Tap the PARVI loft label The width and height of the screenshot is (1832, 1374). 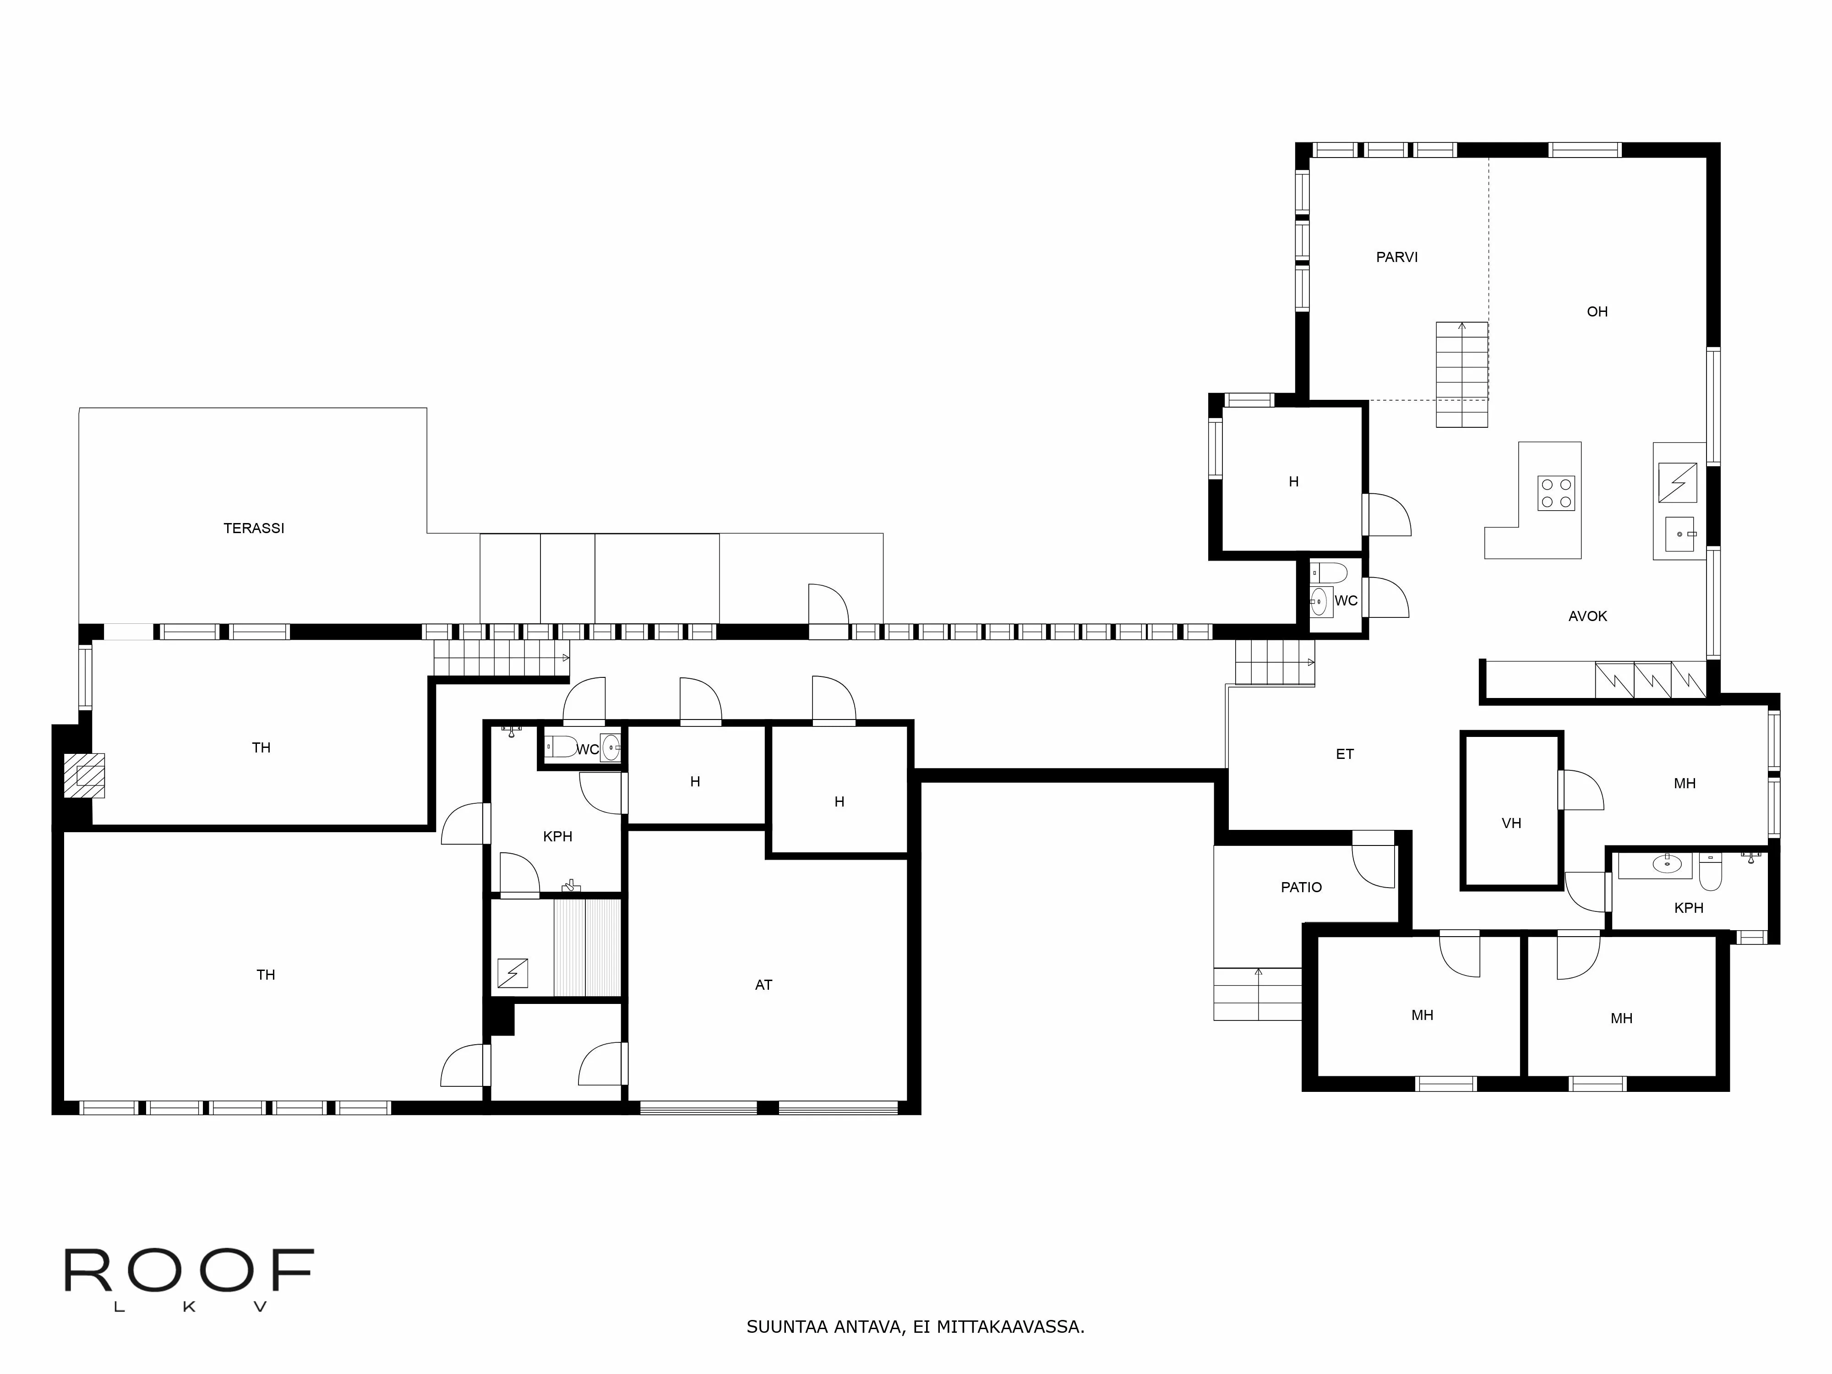point(1396,257)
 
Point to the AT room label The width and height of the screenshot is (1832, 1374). point(763,985)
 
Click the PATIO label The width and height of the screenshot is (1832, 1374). point(1301,887)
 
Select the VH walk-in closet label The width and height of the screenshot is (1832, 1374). point(1510,823)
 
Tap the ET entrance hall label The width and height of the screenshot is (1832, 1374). point(1344,754)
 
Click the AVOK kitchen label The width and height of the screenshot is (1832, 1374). point(1587,616)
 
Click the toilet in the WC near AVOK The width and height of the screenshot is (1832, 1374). point(1329,572)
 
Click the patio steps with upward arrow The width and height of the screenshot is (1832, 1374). point(1257,994)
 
